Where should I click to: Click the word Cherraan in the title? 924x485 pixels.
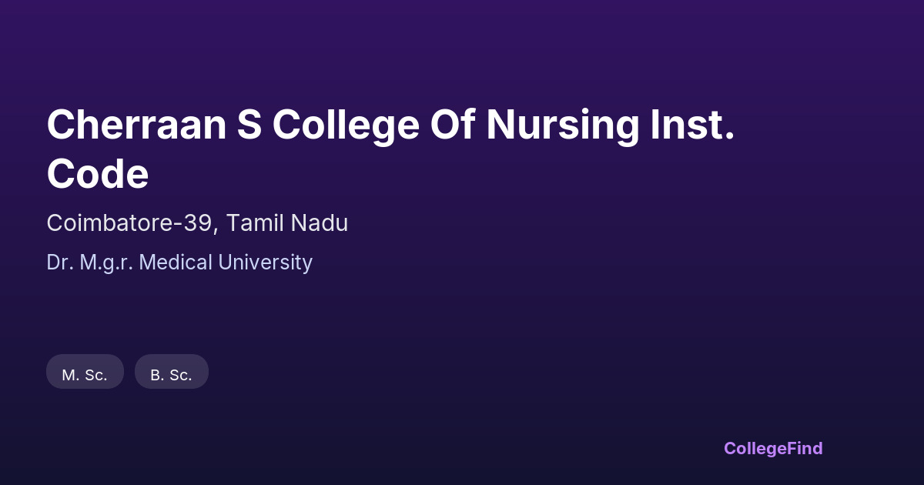[136, 125]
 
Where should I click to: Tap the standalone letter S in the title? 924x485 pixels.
[249, 125]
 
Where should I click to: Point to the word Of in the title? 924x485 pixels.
[453, 125]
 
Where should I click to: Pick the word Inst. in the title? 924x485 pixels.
[693, 125]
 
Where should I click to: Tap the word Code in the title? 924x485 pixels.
[98, 173]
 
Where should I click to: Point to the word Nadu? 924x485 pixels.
[320, 223]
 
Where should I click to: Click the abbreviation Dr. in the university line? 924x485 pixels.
[60, 263]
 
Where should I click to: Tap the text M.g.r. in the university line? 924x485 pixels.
[106, 263]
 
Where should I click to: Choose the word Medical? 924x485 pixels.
[176, 263]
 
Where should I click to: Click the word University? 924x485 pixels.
[265, 263]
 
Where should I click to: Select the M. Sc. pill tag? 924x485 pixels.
[85, 371]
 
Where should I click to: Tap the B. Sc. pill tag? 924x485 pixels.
[172, 371]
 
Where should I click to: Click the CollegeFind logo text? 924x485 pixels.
[773, 448]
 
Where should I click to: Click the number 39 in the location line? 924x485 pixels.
[198, 223]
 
